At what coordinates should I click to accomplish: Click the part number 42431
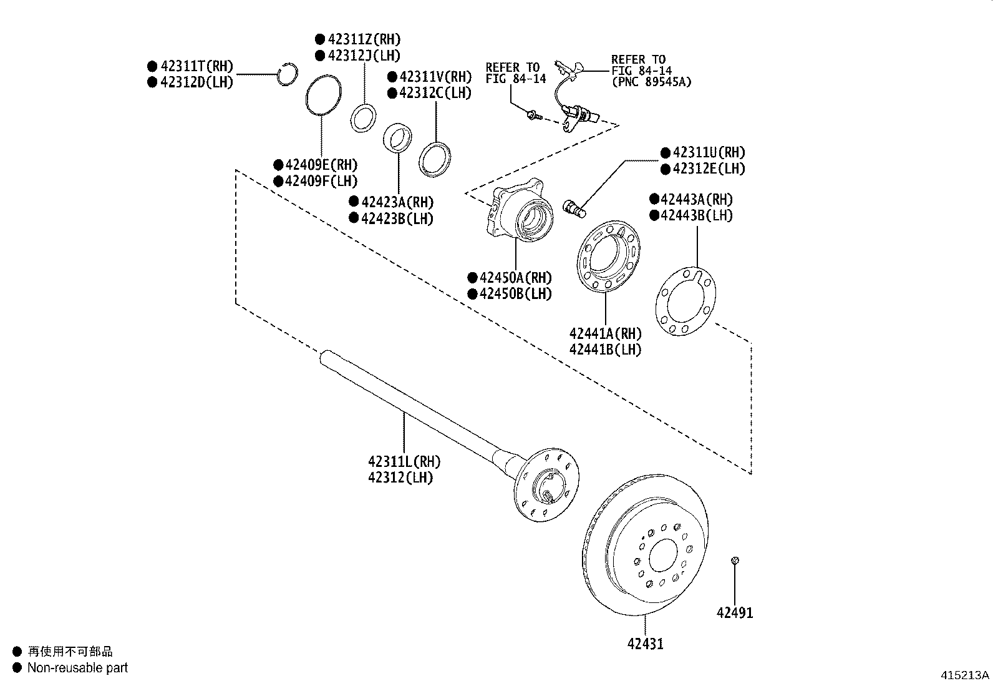(x=645, y=644)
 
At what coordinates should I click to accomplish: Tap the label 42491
(x=735, y=613)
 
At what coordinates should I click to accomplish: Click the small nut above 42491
(x=735, y=561)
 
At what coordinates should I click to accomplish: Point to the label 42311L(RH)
(x=404, y=462)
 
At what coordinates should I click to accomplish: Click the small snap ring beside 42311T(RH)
(x=287, y=74)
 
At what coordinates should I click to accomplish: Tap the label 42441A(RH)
(x=605, y=334)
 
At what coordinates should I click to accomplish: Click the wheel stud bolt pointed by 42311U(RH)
(x=574, y=208)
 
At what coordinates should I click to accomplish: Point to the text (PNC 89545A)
(x=651, y=82)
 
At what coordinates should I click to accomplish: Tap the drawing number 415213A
(x=965, y=675)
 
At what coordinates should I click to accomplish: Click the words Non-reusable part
(x=77, y=668)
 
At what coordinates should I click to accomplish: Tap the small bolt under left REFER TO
(x=532, y=115)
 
